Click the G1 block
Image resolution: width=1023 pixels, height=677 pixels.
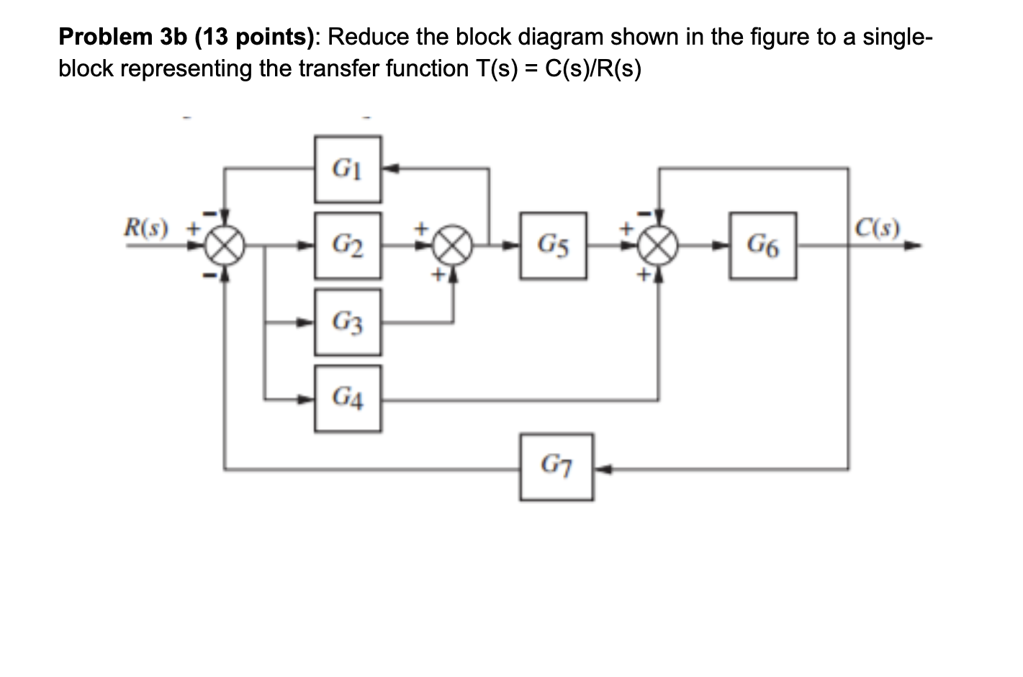[x=348, y=169]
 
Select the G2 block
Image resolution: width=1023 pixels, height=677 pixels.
[x=348, y=246]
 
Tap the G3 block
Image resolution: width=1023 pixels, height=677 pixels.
[x=348, y=322]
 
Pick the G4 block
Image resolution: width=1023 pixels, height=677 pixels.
[x=348, y=398]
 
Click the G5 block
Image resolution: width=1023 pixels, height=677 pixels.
[x=553, y=246]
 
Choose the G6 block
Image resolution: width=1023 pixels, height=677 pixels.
[x=762, y=246]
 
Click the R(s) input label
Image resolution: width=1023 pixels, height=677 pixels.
[x=145, y=230]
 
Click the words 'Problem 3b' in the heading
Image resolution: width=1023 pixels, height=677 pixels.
[x=120, y=37]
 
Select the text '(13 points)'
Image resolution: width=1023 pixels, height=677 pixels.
[x=248, y=37]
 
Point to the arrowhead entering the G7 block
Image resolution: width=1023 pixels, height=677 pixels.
[x=599, y=470]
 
